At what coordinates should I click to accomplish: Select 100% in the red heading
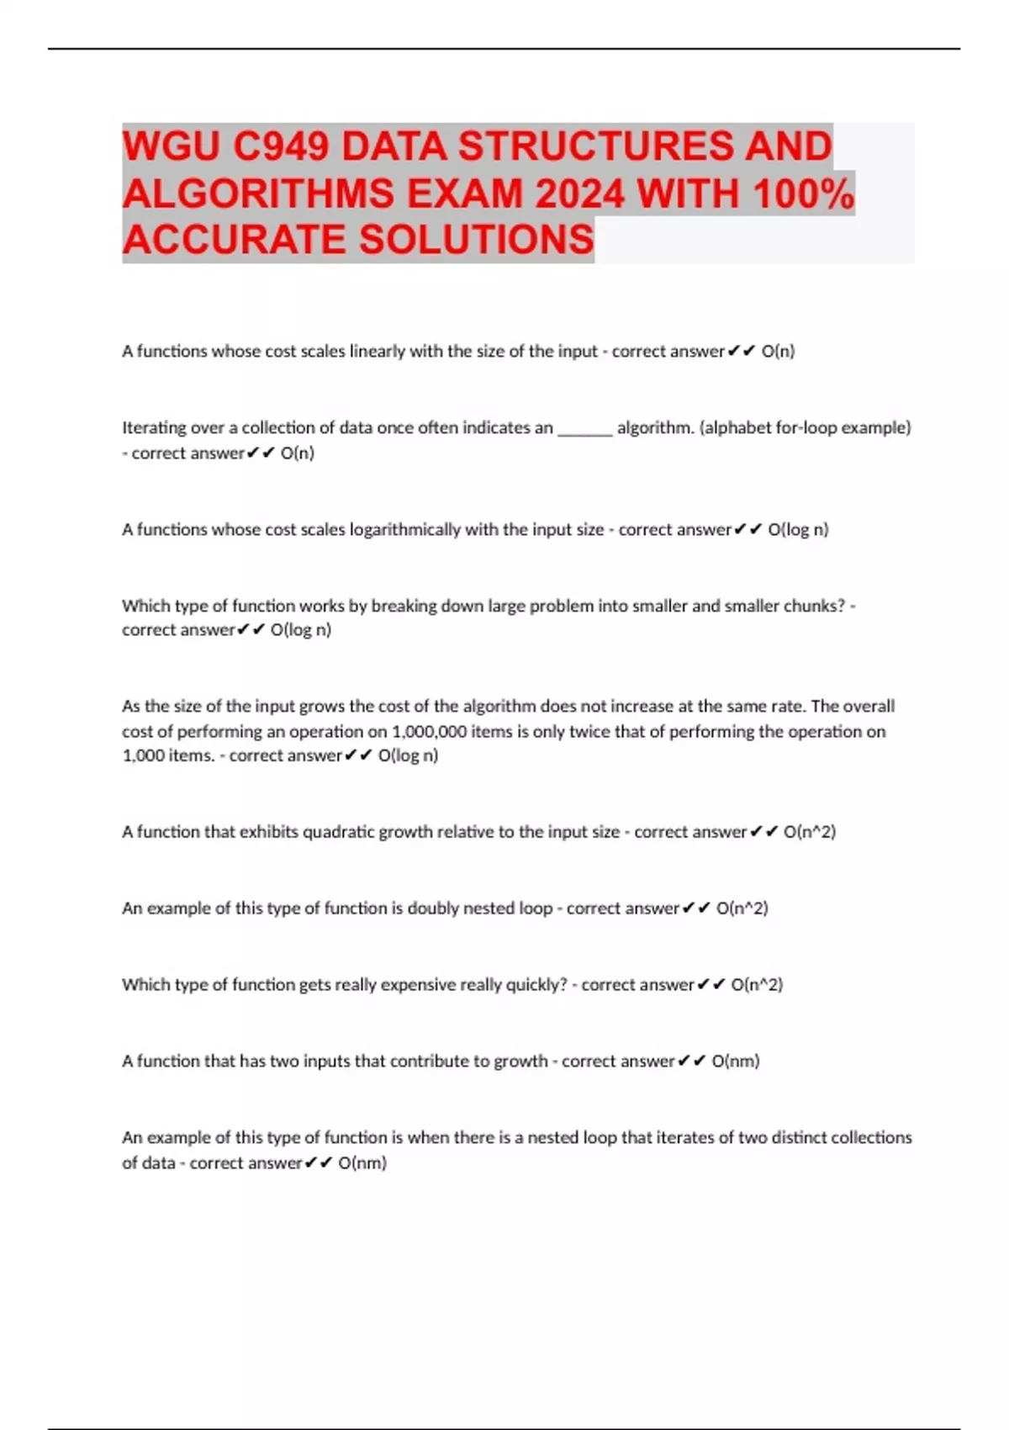pyautogui.click(x=804, y=194)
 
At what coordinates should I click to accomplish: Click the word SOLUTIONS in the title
pyautogui.click(x=477, y=240)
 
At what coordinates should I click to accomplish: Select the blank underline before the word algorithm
pyautogui.click(x=585, y=429)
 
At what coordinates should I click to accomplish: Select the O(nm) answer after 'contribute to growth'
pyautogui.click(x=736, y=1062)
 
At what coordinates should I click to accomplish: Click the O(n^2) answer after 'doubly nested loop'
pyautogui.click(x=742, y=908)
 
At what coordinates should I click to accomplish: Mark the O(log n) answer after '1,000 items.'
pyautogui.click(x=408, y=755)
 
